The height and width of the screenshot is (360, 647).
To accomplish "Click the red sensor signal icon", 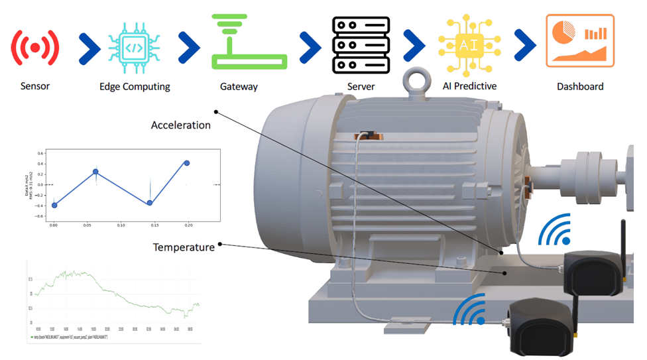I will (35, 47).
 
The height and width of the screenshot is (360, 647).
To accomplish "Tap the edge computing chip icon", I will (135, 46).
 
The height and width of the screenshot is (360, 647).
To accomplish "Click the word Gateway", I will (239, 86).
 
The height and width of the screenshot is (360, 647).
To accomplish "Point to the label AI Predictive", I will (469, 86).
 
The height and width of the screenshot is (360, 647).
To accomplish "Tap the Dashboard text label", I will (580, 86).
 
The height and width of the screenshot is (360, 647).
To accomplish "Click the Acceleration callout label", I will (180, 125).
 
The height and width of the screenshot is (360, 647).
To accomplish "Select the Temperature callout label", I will (184, 247).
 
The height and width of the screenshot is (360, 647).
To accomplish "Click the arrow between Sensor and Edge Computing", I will (89, 46).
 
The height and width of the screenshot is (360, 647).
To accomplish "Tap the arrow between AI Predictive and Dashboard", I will (525, 46).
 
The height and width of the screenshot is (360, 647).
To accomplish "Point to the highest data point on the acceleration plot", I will (187, 162).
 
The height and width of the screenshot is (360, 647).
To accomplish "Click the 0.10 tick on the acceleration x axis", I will (121, 225).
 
